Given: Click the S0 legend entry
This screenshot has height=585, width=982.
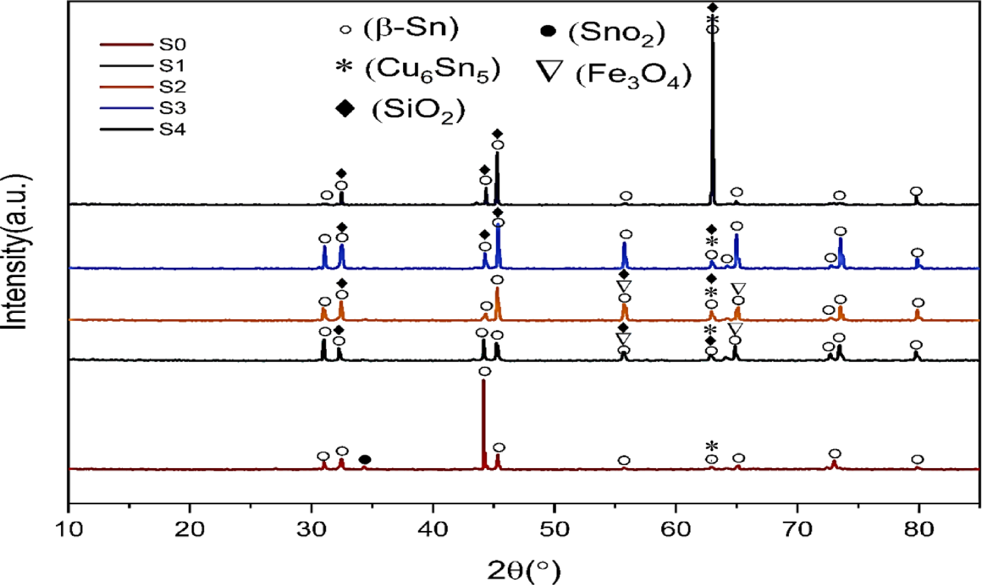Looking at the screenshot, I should click(172, 45).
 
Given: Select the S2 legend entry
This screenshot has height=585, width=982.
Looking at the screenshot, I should click(172, 87).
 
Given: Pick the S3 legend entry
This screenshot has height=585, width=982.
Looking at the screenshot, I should click(172, 108).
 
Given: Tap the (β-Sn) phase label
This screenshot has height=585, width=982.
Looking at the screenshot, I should click(411, 28).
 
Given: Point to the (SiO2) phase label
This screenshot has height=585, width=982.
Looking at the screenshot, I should click(418, 111).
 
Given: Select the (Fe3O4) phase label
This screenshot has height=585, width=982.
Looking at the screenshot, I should click(633, 75).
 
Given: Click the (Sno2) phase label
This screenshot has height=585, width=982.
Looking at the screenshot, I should click(616, 33).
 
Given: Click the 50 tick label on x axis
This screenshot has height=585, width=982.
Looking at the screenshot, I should click(554, 529).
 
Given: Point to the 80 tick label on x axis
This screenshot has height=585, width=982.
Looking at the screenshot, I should click(919, 529).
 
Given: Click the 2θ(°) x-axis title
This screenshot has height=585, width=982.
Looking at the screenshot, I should click(523, 570).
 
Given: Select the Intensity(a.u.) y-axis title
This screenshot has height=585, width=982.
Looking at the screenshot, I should click(18, 251).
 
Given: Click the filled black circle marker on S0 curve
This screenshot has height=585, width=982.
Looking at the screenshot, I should click(365, 460).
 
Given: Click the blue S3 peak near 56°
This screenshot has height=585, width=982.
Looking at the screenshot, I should click(624, 249).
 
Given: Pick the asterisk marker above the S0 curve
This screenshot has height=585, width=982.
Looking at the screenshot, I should click(712, 446).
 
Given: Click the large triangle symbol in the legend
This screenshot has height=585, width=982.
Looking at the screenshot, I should click(550, 71).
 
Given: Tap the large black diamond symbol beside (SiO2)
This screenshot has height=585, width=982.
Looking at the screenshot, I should click(345, 108).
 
